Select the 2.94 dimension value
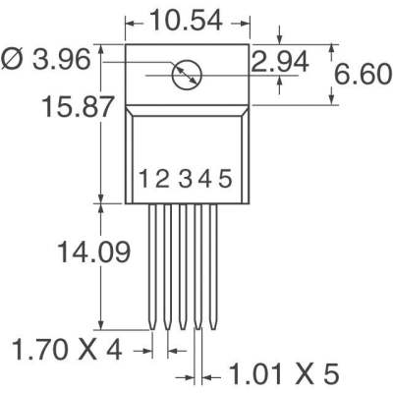[279, 64]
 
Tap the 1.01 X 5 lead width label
[283, 373]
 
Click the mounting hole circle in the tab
[185, 74]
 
